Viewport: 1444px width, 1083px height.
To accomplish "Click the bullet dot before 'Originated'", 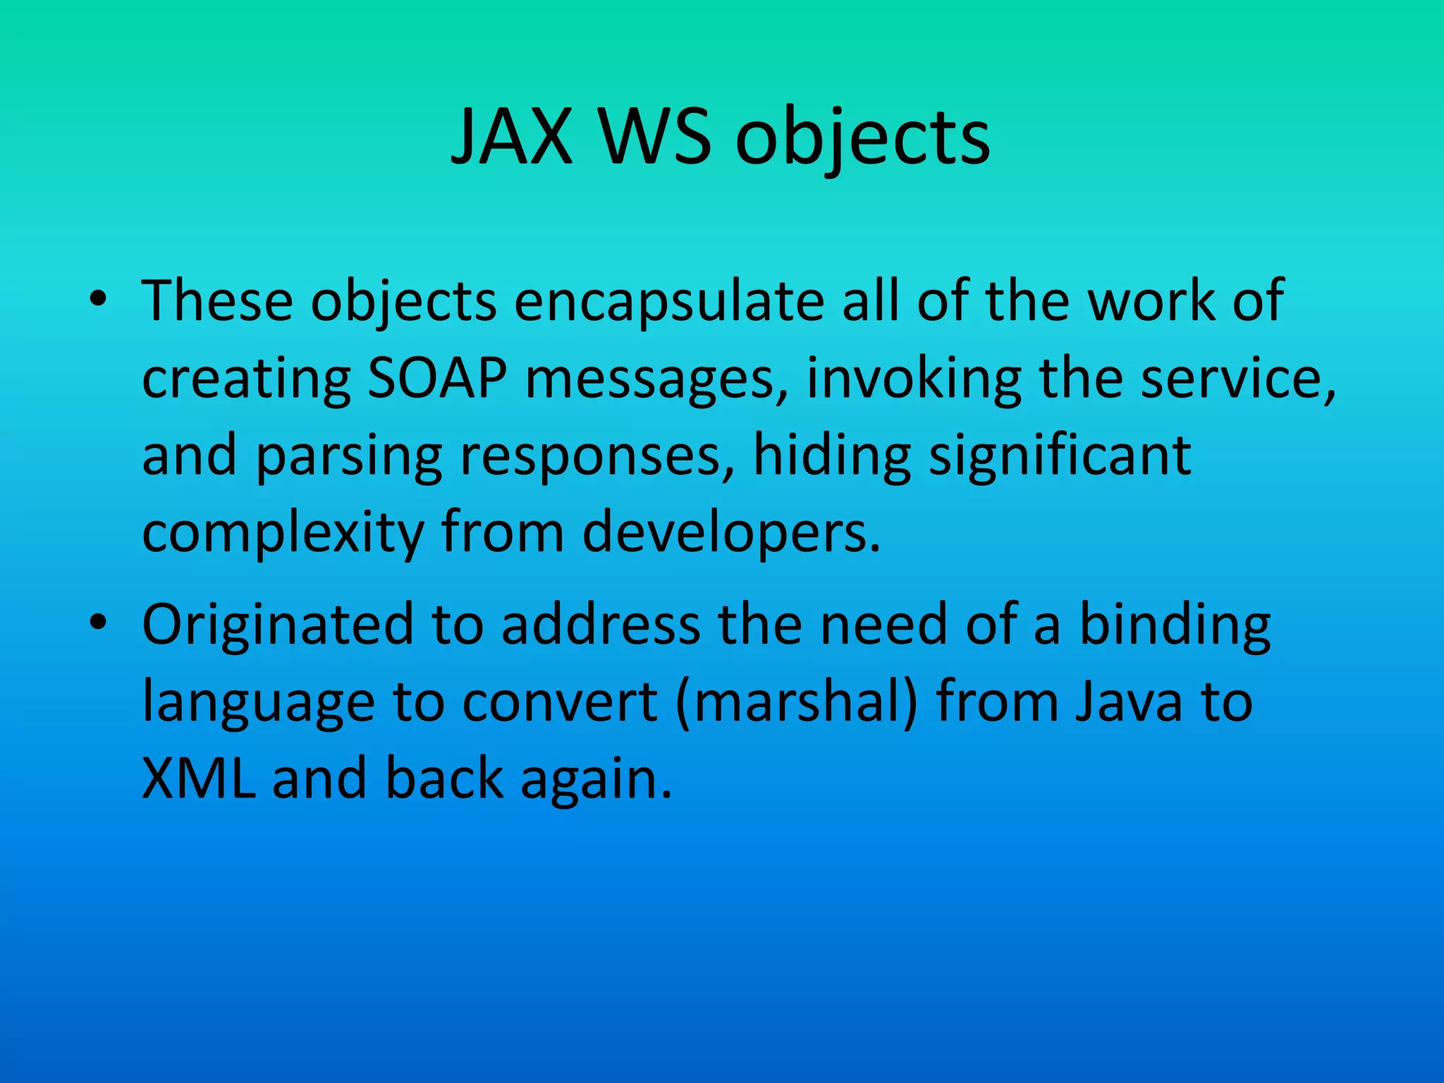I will [x=98, y=624].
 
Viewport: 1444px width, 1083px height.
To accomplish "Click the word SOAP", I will [x=437, y=379].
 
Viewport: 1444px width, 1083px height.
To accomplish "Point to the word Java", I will [x=1129, y=702].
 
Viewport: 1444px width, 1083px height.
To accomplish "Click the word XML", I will [x=199, y=779].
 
